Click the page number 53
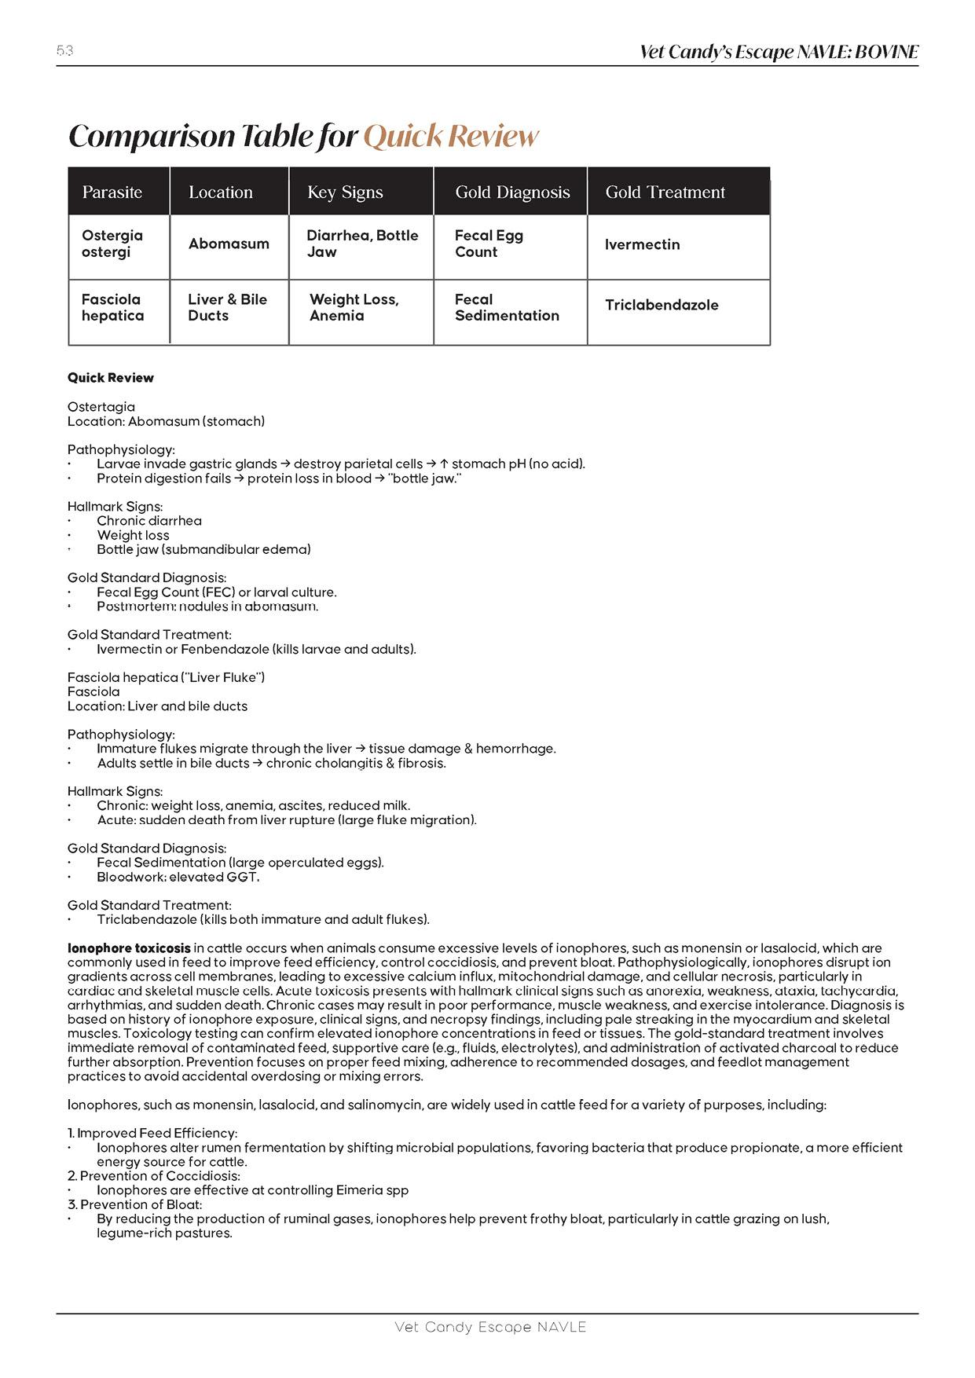point(64,51)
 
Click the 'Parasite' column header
point(112,192)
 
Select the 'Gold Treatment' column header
point(665,192)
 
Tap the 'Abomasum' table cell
point(229,244)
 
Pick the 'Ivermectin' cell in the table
point(642,244)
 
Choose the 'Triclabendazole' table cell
point(662,305)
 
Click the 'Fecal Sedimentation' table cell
point(507,307)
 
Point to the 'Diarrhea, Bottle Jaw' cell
point(362,244)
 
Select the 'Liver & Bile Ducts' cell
point(227,307)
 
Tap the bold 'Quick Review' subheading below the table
point(111,378)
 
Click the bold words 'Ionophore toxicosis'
point(129,948)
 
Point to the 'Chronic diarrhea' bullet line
point(149,521)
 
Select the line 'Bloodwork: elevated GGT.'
point(178,877)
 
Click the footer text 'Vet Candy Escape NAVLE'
point(490,1327)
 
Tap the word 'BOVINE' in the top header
point(886,52)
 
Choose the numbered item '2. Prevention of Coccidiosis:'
point(154,1176)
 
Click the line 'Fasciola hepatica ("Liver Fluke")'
point(166,677)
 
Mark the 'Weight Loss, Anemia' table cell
point(354,307)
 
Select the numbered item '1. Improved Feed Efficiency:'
point(152,1133)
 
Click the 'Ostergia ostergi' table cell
point(112,244)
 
